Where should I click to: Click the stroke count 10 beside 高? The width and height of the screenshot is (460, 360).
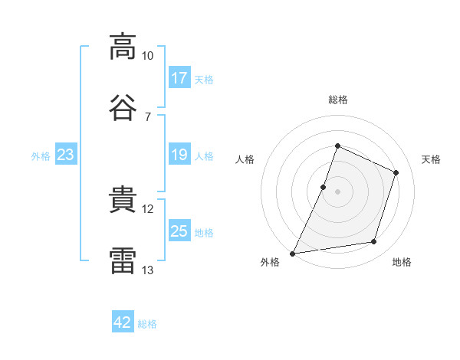(x=148, y=56)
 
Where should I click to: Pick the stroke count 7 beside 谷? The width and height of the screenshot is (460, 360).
(x=148, y=116)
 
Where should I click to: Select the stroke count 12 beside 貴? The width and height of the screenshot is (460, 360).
(x=148, y=209)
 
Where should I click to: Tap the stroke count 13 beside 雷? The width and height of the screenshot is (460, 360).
(x=148, y=270)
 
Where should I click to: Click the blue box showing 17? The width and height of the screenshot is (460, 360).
(x=179, y=78)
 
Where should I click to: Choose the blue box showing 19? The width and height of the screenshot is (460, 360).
(x=179, y=155)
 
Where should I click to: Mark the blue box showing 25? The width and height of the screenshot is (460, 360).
(x=179, y=231)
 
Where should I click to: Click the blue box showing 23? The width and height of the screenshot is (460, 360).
(x=66, y=155)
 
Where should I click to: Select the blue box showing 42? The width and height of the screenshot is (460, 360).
(x=123, y=322)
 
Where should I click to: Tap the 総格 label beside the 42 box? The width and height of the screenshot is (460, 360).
(x=147, y=324)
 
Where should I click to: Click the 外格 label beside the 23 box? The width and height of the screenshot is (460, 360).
(x=41, y=156)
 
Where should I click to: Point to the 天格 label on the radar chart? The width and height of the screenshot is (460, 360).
(x=431, y=159)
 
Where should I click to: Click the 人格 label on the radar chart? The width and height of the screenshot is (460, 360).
(x=245, y=159)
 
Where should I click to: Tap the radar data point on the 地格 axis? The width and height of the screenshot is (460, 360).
(x=374, y=242)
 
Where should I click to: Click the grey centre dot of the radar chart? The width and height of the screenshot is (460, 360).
(x=337, y=191)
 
